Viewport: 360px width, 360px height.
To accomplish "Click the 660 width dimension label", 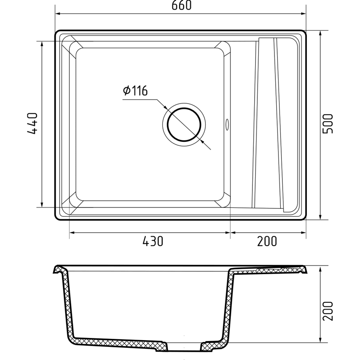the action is (181, 5).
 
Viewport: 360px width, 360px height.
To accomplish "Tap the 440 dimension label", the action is (32, 123).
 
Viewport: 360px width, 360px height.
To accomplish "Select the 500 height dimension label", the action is (328, 123).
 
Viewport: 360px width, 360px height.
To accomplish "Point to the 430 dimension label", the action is (153, 241).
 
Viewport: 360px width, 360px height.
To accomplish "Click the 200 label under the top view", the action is (267, 241).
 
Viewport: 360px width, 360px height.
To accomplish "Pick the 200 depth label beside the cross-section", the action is (328, 311).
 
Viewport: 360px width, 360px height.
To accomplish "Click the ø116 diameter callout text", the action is (135, 91).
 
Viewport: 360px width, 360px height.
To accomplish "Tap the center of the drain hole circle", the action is (184, 125).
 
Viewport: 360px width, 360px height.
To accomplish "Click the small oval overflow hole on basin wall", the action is (227, 124).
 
